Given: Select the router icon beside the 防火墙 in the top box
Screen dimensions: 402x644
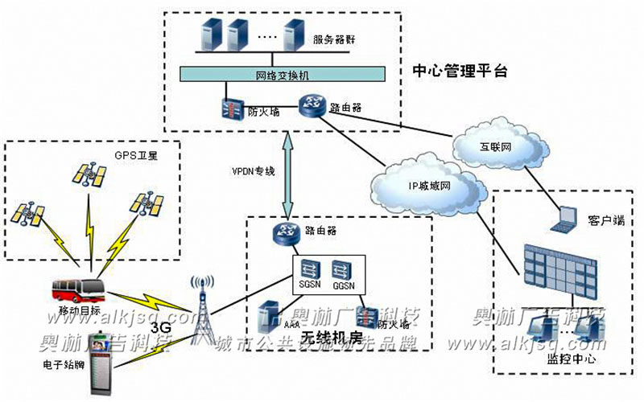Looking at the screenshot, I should point(309,105).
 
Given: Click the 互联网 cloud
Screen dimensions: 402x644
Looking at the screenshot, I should point(495,146).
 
